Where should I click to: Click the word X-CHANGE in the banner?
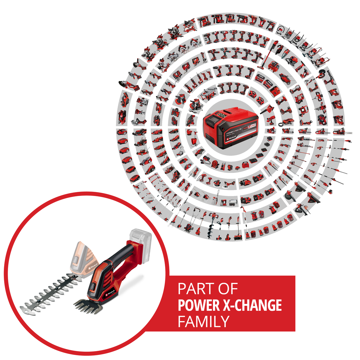(x=252, y=305)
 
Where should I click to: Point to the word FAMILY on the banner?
(x=204, y=321)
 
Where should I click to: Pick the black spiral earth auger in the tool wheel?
(x=212, y=221)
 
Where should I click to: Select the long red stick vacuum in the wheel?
(x=267, y=55)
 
